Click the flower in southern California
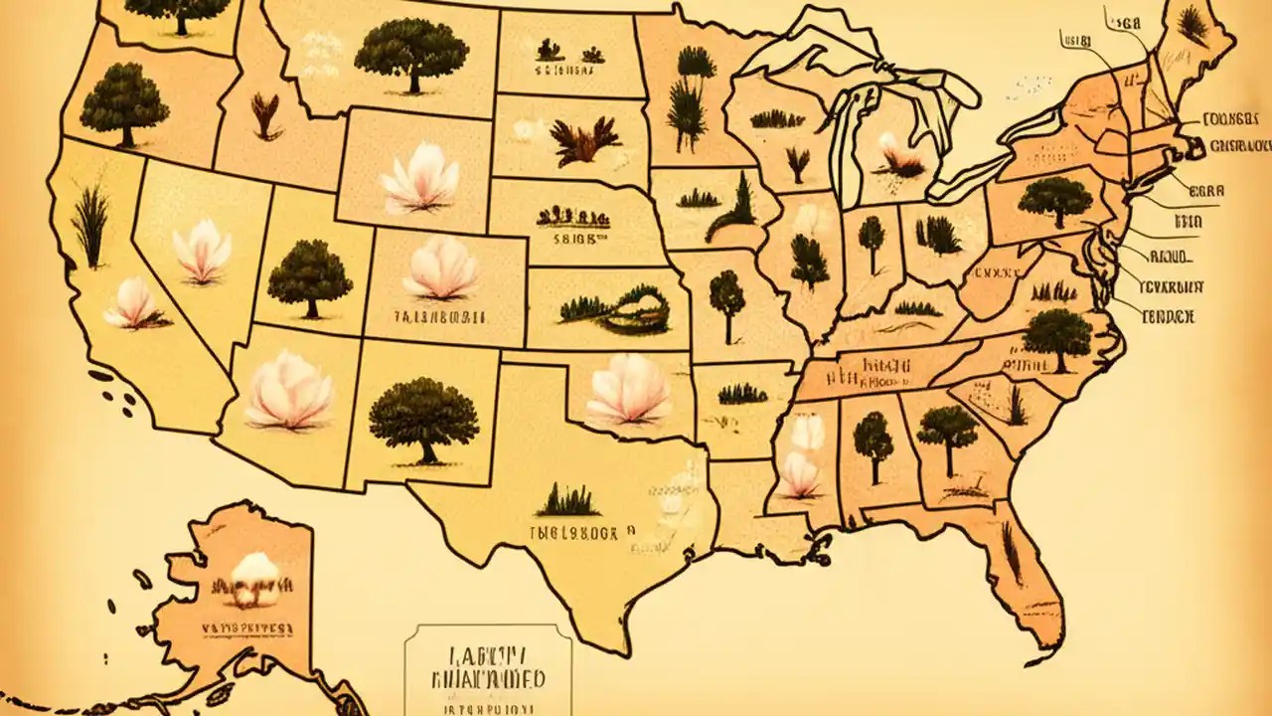pos(134,305)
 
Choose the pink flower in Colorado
pos(439,268)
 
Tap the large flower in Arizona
pos(289,390)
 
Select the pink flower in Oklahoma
pos(629,390)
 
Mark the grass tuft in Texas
pos(566,499)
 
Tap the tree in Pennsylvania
pos(1054,201)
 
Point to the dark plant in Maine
pos(1192,24)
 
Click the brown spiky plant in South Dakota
pos(585,141)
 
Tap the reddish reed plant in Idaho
pos(265,115)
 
